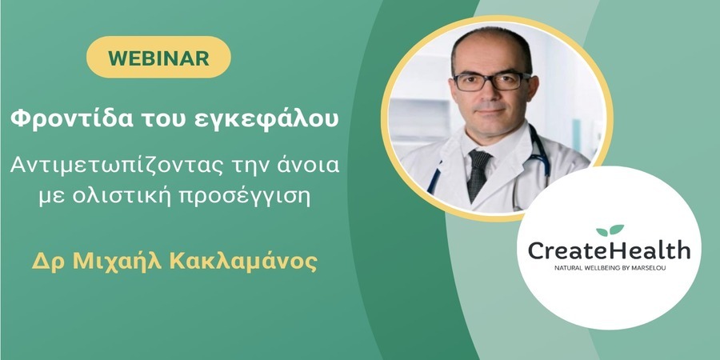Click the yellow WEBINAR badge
(x=158, y=57)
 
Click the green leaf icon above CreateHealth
(x=610, y=230)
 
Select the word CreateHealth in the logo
(x=609, y=250)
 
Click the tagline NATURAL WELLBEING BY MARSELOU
(x=610, y=268)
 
